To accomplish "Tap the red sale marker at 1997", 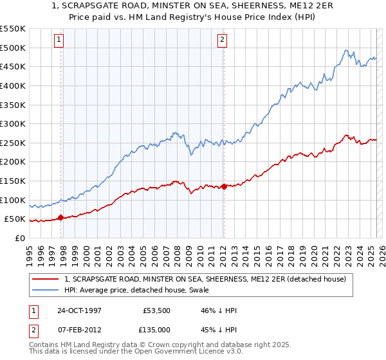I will [x=61, y=217].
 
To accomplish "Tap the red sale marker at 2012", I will [x=224, y=186].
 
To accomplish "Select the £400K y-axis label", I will [x=14, y=85].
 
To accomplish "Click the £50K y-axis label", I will [x=16, y=219].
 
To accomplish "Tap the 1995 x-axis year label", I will [x=29, y=250].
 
